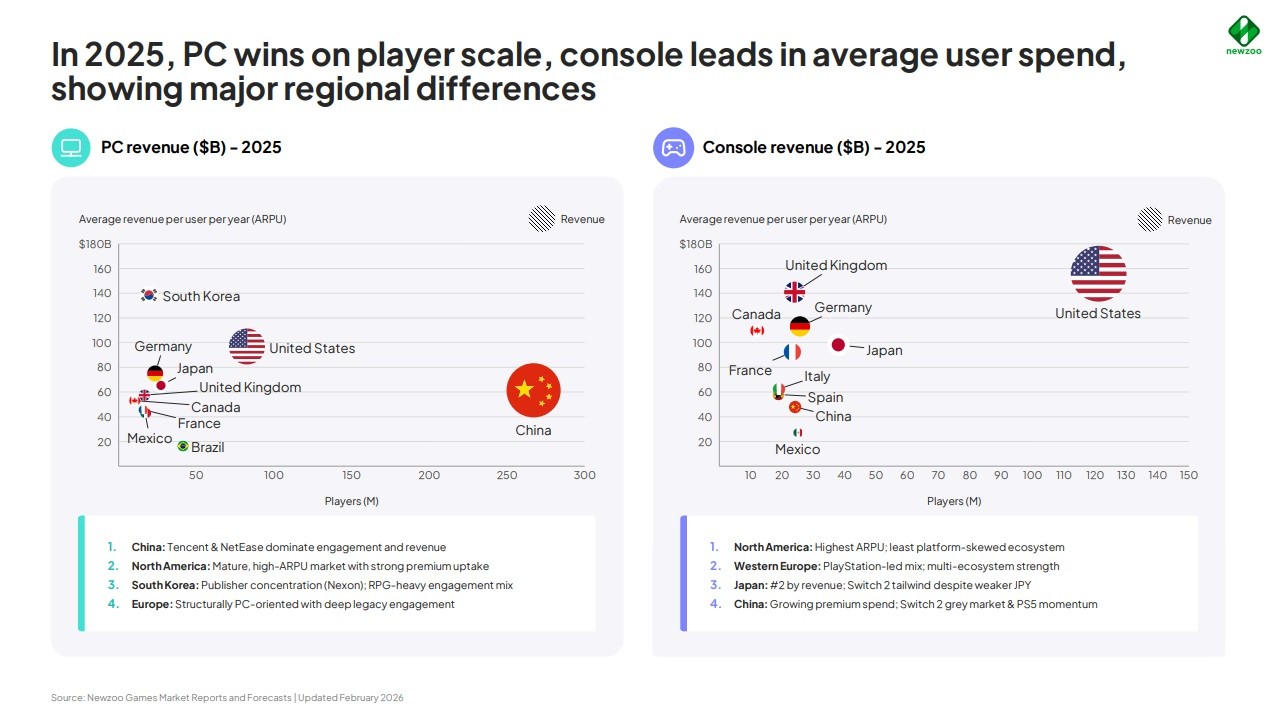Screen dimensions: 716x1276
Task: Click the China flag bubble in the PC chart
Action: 533,390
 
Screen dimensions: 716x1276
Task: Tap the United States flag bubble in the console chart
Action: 1098,273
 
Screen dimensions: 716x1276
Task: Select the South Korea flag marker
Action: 149,295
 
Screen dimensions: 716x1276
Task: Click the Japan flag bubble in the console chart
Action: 838,345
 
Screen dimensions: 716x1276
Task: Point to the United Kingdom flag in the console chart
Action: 795,292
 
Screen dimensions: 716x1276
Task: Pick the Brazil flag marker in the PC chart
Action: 183,446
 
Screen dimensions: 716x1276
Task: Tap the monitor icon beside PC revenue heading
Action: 71,148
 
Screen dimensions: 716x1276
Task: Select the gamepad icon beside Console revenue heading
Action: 673,148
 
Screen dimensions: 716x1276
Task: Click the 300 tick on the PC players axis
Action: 585,475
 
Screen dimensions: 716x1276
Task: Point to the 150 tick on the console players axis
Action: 1188,475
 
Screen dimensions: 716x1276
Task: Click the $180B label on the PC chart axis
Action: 95,244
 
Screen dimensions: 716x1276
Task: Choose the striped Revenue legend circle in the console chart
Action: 1150,220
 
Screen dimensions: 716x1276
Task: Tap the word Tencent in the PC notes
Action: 188,547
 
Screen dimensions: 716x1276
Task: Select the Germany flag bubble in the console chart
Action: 799,327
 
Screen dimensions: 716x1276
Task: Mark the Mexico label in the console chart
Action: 797,449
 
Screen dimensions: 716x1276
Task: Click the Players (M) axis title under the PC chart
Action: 352,501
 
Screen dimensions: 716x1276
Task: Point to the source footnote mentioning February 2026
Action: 227,698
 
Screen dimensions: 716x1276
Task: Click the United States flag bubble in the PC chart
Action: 247,346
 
